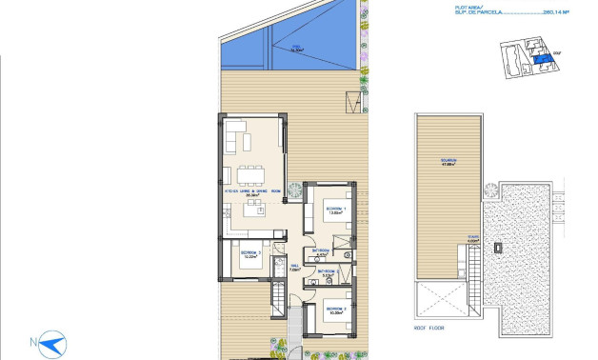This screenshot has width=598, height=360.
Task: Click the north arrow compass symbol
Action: [47, 343]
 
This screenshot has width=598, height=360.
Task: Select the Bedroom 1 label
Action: [334, 209]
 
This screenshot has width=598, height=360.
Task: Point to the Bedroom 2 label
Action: [250, 254]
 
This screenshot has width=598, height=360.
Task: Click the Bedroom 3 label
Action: [334, 310]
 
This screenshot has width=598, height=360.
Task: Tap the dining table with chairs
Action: [251, 173]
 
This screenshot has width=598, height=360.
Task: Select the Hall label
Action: [295, 269]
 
